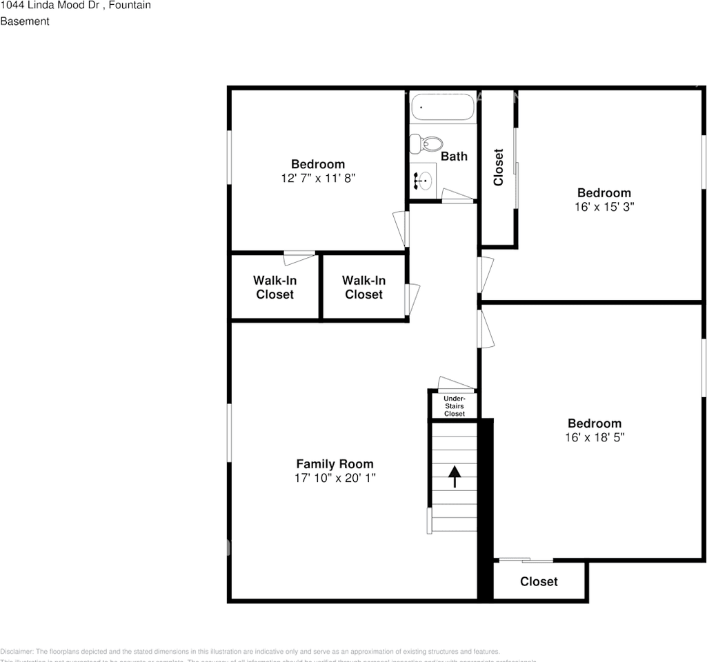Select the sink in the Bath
point(425,181)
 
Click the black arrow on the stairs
point(455,476)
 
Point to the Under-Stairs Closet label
point(454,406)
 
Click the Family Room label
point(335,464)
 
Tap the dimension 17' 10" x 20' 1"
point(335,478)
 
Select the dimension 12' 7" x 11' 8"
point(317,178)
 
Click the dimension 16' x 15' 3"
point(604,206)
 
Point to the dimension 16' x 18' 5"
point(595,437)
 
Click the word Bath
point(454,157)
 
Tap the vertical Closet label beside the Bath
point(498,168)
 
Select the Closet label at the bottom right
point(539,581)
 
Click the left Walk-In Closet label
point(275,288)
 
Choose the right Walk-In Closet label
point(364,288)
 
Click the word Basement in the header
point(25,21)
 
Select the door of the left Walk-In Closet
point(300,258)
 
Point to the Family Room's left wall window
point(230,432)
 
